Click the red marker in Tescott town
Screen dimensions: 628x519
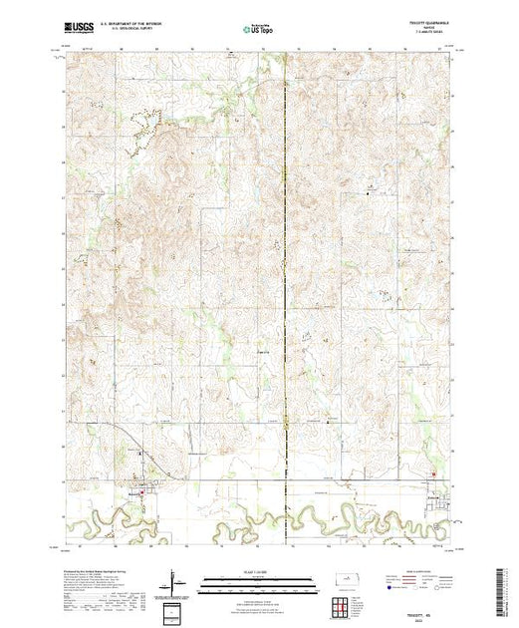pos(143,487)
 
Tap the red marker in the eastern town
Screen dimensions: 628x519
pos(432,474)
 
